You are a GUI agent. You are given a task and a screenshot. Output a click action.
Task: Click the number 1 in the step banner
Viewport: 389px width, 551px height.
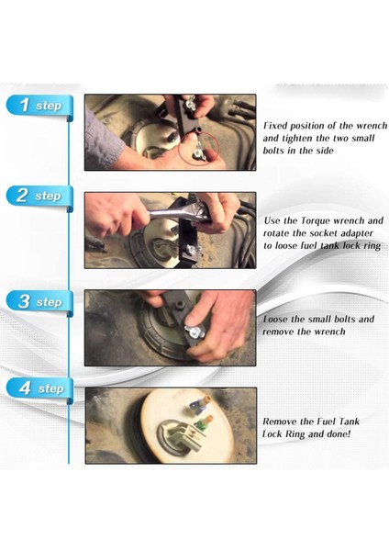tap(25, 105)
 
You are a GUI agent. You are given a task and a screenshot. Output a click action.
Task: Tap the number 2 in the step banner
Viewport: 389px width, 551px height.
tap(22, 196)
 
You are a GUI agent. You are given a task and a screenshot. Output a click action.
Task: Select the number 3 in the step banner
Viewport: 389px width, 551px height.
tap(23, 302)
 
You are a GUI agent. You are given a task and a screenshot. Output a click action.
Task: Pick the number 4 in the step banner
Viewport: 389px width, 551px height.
tap(25, 388)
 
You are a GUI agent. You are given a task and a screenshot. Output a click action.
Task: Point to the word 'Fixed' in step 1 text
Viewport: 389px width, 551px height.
tap(275, 126)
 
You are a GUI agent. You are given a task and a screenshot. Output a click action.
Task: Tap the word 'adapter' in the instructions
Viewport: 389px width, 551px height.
tap(358, 234)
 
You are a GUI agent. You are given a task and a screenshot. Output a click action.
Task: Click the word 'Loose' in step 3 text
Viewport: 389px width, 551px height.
tap(275, 320)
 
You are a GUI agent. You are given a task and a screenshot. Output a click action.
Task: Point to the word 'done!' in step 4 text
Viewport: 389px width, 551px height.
tap(339, 434)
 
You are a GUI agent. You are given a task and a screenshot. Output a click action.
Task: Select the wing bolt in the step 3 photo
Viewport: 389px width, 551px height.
tap(194, 329)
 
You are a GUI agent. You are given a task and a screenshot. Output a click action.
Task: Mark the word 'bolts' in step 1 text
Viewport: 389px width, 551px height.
tap(273, 151)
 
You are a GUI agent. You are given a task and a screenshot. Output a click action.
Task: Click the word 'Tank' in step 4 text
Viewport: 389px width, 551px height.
tap(349, 422)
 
